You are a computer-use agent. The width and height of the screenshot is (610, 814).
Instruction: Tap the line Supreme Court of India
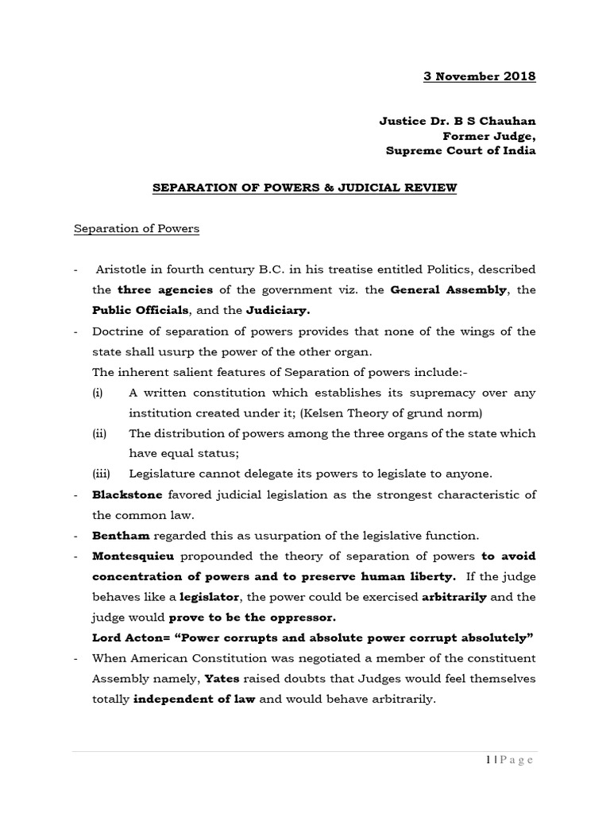point(461,151)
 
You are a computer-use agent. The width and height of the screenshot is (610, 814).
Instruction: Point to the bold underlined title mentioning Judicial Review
point(304,188)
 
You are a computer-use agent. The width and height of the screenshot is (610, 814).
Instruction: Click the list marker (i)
point(98,393)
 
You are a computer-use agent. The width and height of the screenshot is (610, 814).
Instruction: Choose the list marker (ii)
point(99,433)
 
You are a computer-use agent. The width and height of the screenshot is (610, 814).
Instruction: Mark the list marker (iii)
point(101,474)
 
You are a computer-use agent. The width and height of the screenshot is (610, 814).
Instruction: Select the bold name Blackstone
point(125,494)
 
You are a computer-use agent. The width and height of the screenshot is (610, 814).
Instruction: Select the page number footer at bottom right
point(508,760)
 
